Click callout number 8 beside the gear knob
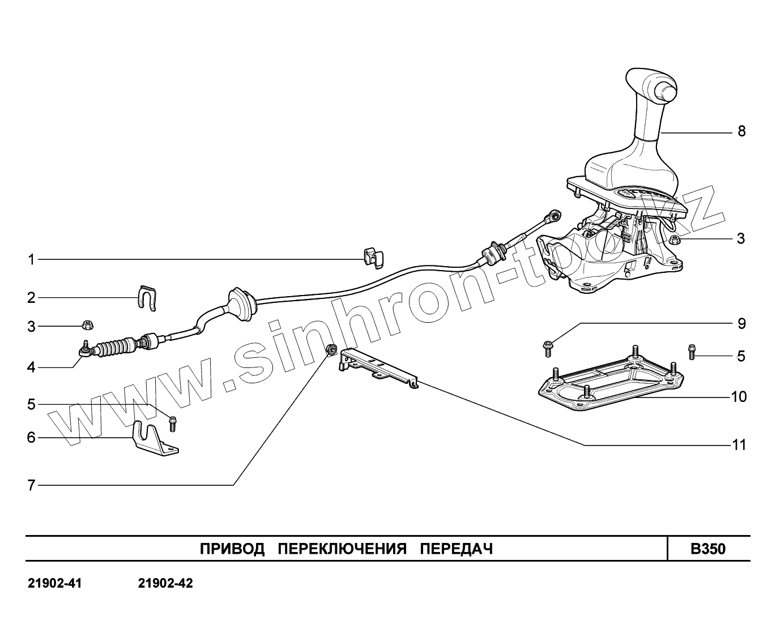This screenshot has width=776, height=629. tap(741, 131)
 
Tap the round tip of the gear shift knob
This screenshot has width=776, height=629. tap(664, 91)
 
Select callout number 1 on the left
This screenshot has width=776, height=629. tap(32, 260)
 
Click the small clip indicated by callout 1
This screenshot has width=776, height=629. tap(372, 258)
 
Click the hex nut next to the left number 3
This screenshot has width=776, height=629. tap(87, 325)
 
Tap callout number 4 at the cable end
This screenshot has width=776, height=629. tap(32, 367)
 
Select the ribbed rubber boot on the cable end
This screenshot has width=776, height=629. tap(117, 347)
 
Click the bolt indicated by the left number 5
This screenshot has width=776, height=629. tap(173, 423)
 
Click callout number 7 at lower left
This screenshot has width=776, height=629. tap(32, 485)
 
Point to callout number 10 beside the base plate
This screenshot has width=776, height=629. tap(739, 397)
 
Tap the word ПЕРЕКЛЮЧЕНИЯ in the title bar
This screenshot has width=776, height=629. tap(343, 549)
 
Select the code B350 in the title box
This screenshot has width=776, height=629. tap(707, 549)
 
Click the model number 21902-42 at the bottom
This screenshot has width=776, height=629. tap(165, 584)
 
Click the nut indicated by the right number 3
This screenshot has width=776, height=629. tap(673, 240)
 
